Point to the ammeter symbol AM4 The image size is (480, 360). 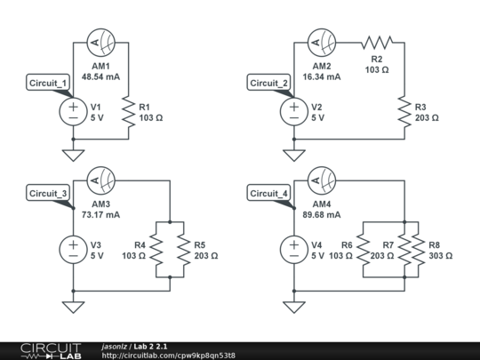321,180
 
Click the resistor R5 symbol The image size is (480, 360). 182,250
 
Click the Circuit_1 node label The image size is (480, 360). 48,84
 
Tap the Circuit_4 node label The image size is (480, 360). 269,193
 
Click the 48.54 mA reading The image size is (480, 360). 100,76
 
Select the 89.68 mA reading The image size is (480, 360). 321,215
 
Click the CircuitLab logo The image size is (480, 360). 44,350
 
